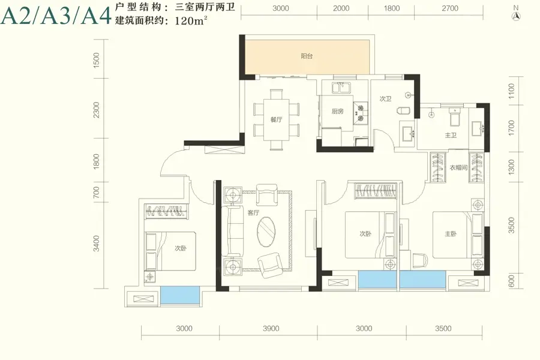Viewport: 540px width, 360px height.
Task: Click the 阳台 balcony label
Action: [307, 56]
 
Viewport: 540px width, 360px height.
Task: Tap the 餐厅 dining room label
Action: [276, 119]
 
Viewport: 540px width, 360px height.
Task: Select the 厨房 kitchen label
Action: [337, 111]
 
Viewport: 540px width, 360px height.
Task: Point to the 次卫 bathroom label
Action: [385, 99]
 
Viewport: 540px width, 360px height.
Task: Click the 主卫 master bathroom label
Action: [451, 135]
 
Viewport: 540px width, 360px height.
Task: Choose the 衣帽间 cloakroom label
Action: [458, 168]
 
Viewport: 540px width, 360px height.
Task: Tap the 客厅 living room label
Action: [253, 212]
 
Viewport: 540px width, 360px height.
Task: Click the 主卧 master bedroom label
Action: [451, 234]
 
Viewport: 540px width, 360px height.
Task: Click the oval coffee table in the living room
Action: [266, 232]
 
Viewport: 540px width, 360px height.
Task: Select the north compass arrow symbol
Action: [516, 16]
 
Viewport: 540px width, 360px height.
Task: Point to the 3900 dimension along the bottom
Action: [271, 328]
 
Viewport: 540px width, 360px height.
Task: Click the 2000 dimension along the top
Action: [341, 8]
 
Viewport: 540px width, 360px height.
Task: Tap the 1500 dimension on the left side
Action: [97, 59]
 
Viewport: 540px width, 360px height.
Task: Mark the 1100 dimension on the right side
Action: [511, 91]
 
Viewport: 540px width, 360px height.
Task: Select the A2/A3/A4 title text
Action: [56, 16]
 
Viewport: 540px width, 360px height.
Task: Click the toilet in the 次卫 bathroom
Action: [403, 110]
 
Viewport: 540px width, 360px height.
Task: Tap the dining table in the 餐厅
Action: [276, 120]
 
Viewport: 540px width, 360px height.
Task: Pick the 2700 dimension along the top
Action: [450, 8]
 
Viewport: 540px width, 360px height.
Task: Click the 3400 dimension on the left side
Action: [97, 243]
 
